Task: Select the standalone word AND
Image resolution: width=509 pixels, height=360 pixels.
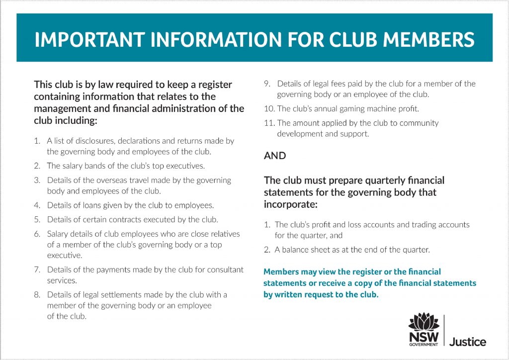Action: tap(275, 156)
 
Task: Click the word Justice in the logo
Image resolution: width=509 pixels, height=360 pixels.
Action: tap(468, 342)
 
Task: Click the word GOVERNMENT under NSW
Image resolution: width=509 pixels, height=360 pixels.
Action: tap(424, 344)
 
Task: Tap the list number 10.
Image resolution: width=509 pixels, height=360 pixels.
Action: tap(269, 108)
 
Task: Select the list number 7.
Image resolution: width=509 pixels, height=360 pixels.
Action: tap(37, 270)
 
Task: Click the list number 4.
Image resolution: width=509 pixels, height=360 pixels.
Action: tap(37, 205)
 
